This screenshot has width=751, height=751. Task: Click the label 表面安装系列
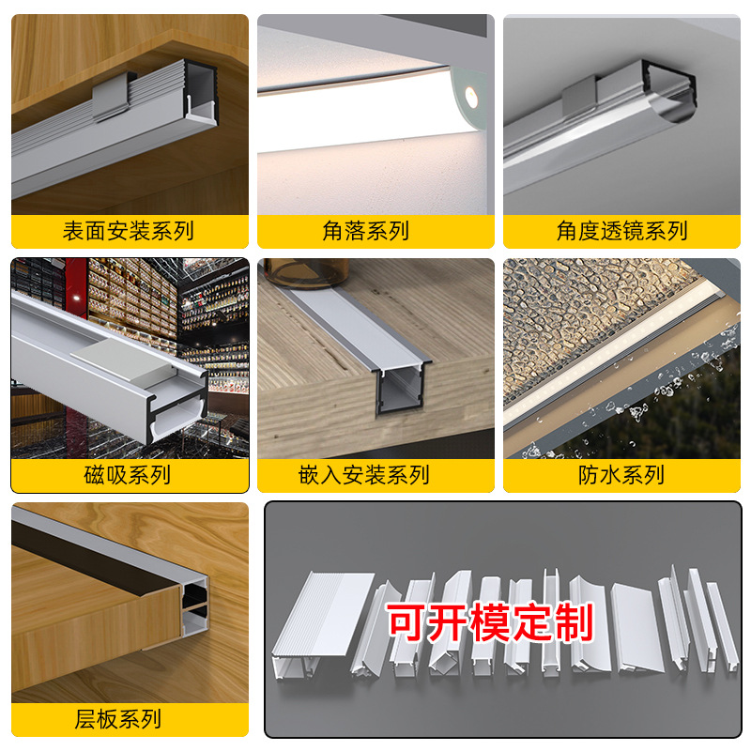(129, 231)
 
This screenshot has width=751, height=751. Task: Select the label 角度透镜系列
(621, 231)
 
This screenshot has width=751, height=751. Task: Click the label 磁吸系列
(129, 475)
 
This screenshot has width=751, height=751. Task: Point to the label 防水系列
(621, 475)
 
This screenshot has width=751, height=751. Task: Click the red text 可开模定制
(491, 622)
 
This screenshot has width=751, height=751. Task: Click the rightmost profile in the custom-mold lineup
(718, 624)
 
